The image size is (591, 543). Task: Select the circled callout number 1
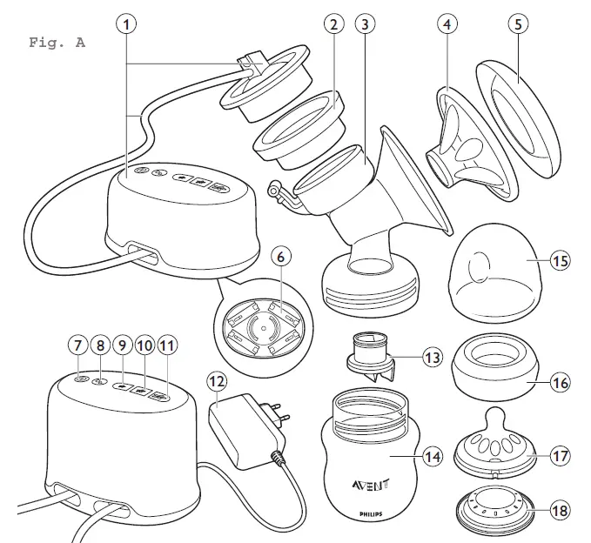coord(129,25)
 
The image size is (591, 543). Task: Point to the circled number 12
coord(216,380)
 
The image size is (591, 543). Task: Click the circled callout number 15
coord(561,259)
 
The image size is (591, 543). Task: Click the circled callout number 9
coord(122,345)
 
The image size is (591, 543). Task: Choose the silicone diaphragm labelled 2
coord(295,127)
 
